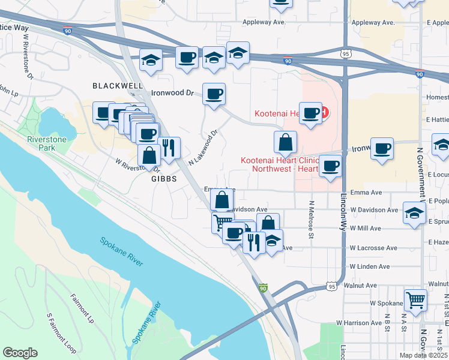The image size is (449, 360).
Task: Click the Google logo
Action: [x=20, y=353]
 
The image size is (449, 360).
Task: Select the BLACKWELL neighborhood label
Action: [x=118, y=86]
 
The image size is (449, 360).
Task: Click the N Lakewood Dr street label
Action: [x=202, y=148]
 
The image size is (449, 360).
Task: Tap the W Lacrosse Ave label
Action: [x=373, y=247]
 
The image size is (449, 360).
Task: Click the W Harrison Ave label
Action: [x=359, y=323]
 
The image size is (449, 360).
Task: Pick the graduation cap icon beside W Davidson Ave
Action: [x=414, y=212]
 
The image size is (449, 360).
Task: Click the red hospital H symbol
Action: [x=325, y=112]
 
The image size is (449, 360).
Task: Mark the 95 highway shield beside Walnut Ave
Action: [x=332, y=287]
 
